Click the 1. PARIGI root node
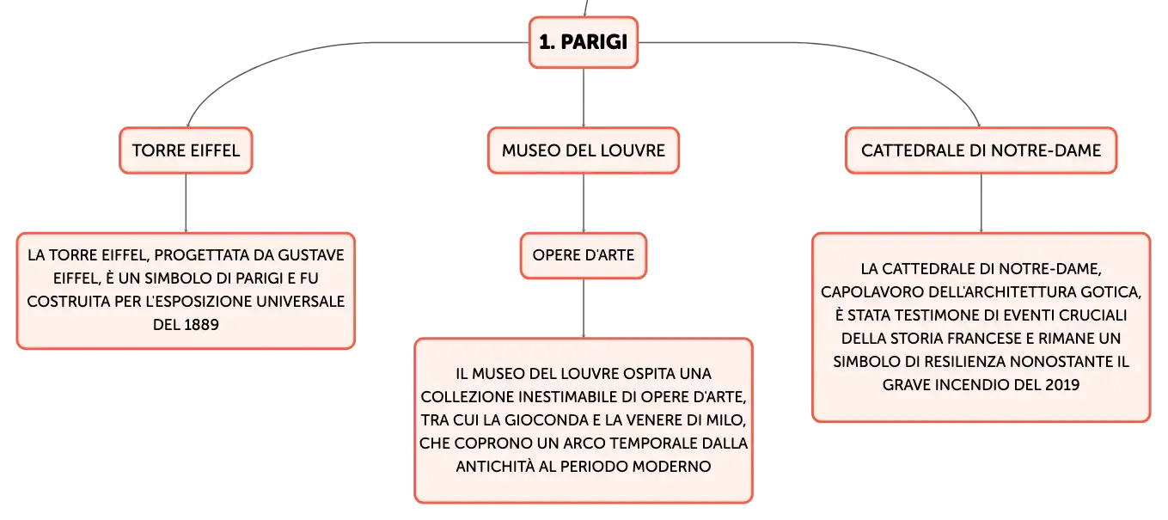[584, 42]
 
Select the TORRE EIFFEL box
[187, 150]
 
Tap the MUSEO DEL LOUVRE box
[584, 150]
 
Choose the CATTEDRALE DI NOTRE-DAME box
[981, 150]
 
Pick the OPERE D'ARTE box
[584, 255]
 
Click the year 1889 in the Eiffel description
[199, 325]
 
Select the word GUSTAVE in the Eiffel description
[311, 255]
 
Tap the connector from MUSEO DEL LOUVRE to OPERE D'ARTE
[584, 203]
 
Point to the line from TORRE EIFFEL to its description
[187, 203]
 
